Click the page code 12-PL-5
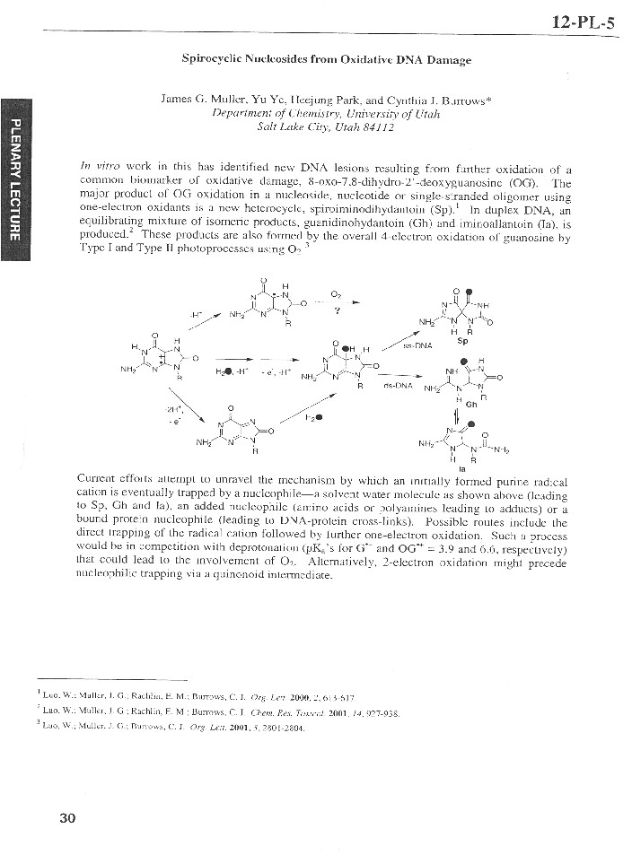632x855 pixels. [x=584, y=23]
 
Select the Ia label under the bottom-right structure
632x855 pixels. [x=461, y=468]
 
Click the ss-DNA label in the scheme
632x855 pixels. [x=420, y=344]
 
